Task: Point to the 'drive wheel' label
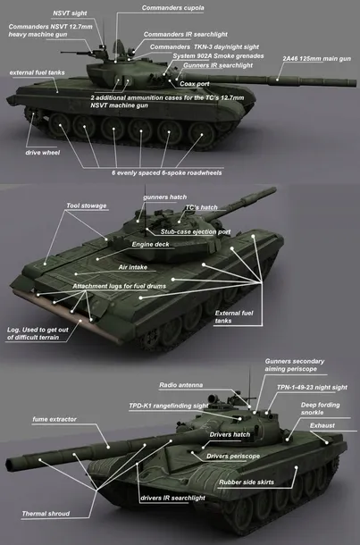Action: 42,152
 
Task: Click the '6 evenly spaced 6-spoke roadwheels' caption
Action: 167,172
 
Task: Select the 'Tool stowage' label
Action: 87,205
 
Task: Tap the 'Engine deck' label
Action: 150,244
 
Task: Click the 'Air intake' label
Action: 135,266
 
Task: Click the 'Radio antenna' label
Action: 180,385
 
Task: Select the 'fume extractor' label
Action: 54,419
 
